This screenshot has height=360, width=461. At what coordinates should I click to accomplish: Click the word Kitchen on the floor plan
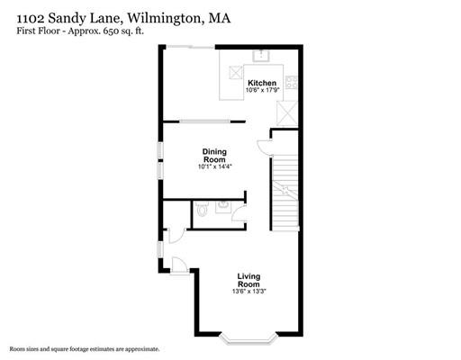(x=262, y=84)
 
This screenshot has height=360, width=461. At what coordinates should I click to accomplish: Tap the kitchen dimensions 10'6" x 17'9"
(x=262, y=91)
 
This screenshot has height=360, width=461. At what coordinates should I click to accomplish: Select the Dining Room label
(x=213, y=155)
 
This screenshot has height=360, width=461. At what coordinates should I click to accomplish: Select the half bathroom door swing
(x=176, y=235)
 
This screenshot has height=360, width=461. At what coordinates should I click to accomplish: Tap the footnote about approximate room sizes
(x=86, y=348)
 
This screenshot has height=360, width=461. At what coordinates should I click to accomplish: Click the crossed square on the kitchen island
(x=236, y=74)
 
